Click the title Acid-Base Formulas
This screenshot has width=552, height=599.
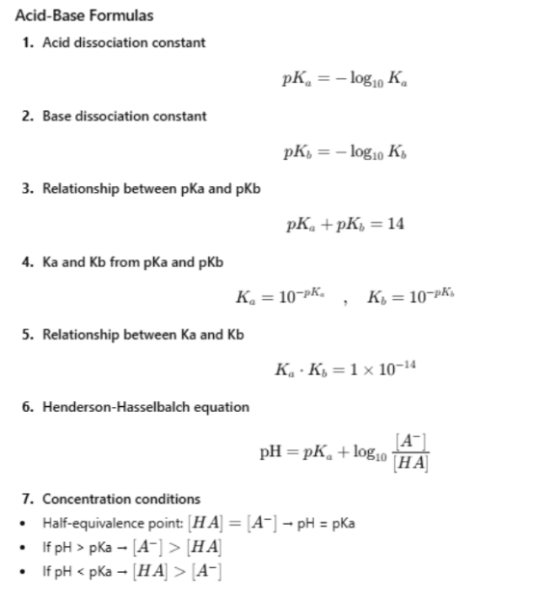coord(85,15)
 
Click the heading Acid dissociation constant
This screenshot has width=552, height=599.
coord(123,42)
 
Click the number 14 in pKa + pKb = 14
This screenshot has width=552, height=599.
coord(394,225)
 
